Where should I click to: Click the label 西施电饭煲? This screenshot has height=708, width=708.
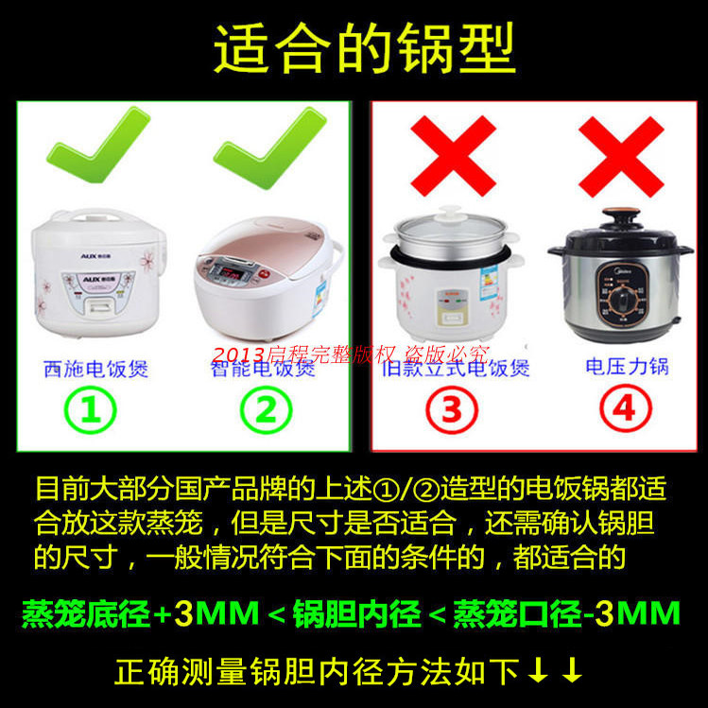(95, 368)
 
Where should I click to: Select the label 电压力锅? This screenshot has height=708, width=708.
(626, 366)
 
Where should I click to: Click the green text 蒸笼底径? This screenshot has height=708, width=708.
(86, 614)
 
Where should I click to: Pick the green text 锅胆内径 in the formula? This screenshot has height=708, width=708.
(359, 614)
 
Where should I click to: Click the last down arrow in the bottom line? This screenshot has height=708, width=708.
(571, 672)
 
